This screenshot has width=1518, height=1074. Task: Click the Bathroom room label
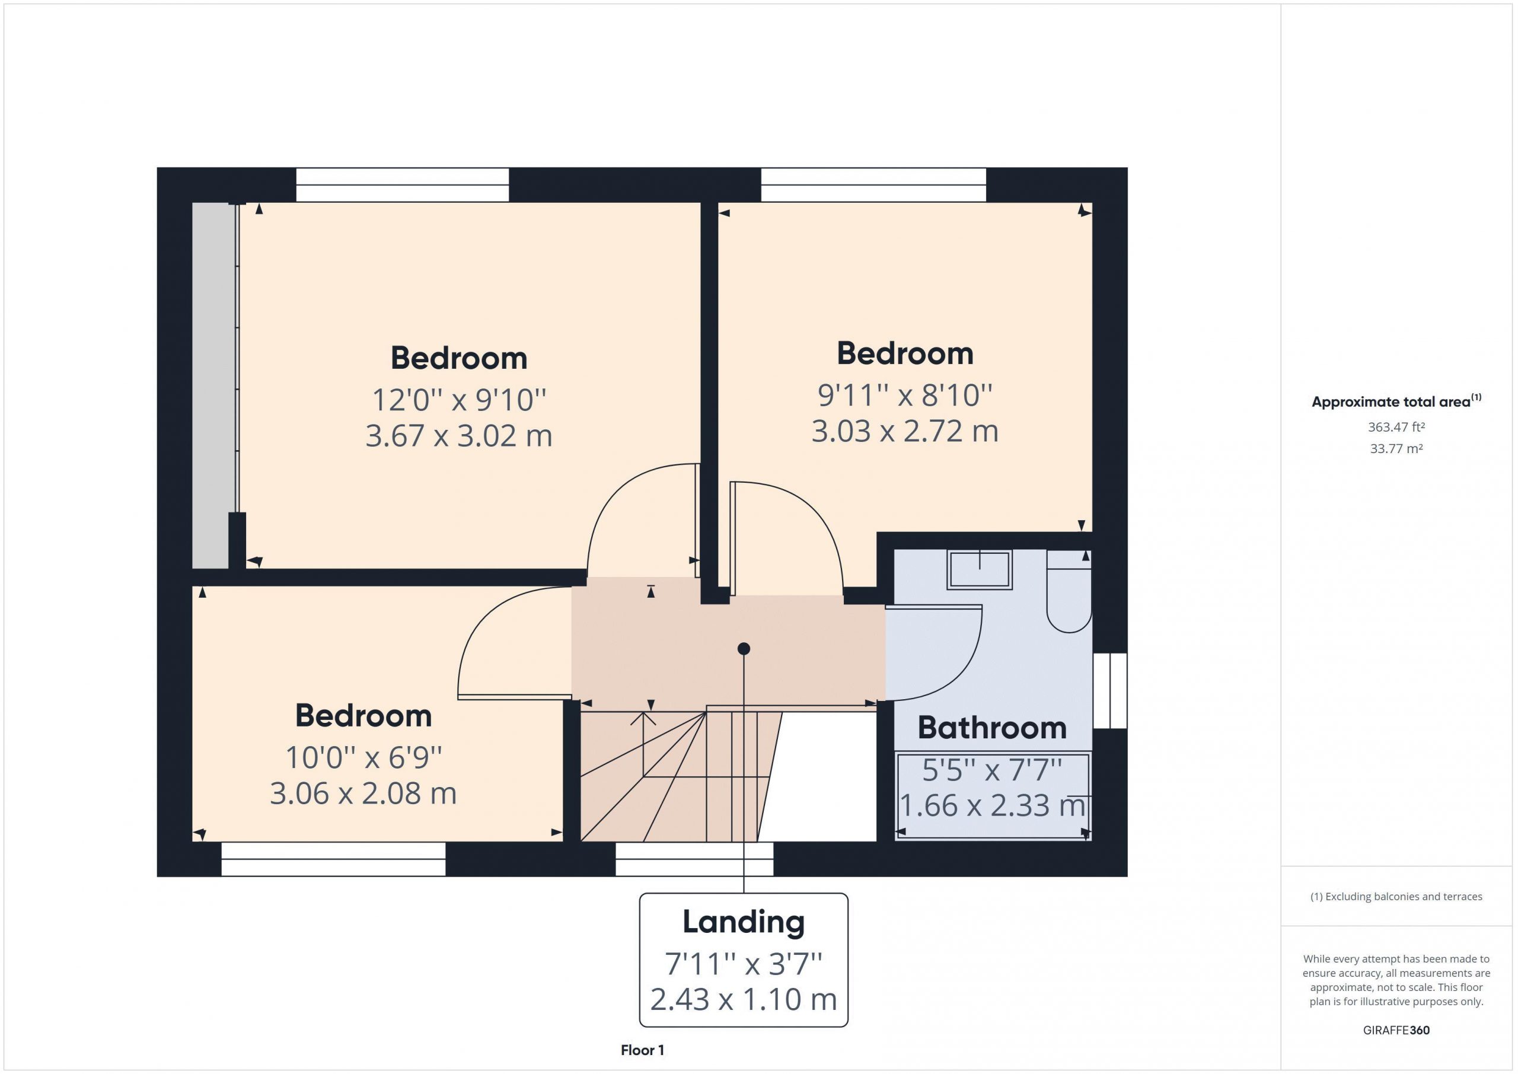click(x=991, y=728)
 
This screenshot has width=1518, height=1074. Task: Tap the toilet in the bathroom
click(x=1069, y=591)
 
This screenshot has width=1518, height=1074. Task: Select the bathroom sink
click(x=979, y=569)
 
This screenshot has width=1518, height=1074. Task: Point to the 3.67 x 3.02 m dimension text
click(x=459, y=436)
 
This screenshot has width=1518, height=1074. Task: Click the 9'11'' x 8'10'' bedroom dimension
click(x=905, y=396)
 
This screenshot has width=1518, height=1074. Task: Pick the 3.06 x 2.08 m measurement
click(x=363, y=793)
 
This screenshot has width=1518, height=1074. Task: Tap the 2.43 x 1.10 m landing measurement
click(x=743, y=999)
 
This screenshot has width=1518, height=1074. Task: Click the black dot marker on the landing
click(x=744, y=649)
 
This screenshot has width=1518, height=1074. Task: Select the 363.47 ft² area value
click(x=1396, y=427)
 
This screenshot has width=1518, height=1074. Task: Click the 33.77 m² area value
click(x=1396, y=448)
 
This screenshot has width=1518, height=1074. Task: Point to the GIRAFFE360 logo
click(x=1396, y=1030)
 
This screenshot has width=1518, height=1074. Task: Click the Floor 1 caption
click(x=642, y=1050)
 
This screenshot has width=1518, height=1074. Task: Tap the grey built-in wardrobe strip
click(x=211, y=385)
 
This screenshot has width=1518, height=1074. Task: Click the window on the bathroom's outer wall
click(x=1109, y=690)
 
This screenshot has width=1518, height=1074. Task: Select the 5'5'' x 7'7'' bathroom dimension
click(x=991, y=770)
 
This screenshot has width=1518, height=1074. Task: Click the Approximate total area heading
click(x=1396, y=401)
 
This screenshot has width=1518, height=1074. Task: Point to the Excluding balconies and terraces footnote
click(x=1396, y=896)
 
